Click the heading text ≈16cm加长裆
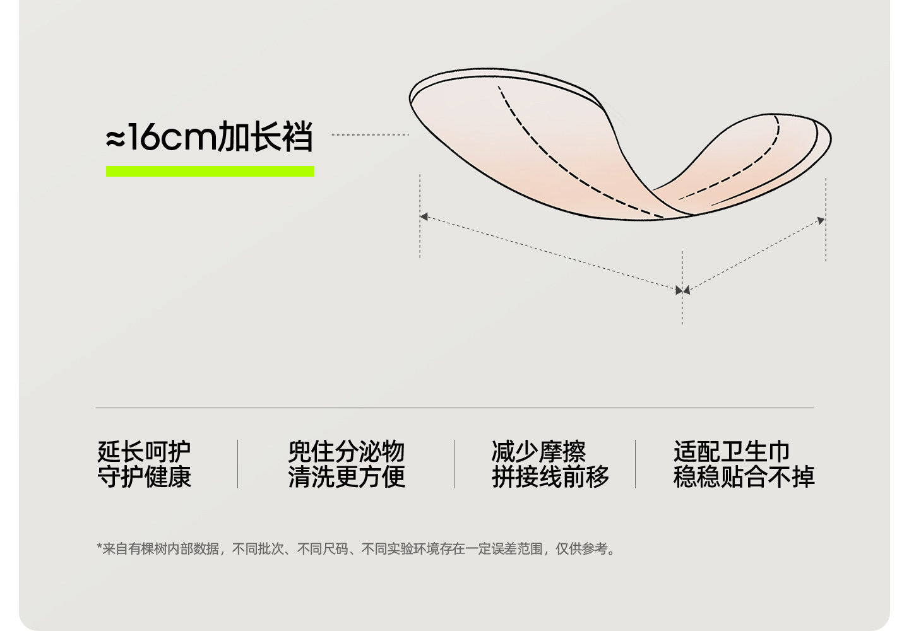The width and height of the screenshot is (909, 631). click(209, 138)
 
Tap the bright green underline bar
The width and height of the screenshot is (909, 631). click(210, 171)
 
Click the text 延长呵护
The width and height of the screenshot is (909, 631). click(144, 451)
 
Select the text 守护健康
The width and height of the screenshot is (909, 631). click(144, 477)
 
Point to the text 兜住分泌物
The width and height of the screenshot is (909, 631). click(346, 451)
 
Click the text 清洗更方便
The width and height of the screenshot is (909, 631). click(346, 477)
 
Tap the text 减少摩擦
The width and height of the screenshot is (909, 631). click(538, 451)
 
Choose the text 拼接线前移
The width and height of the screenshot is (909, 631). click(550, 477)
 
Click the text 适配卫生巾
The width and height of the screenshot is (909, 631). click(731, 451)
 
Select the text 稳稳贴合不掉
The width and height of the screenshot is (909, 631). click(744, 477)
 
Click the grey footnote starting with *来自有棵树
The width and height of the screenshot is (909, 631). click(357, 549)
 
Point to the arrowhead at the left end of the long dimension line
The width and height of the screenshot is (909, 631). click(424, 217)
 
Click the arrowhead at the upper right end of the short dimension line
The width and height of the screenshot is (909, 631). click(821, 220)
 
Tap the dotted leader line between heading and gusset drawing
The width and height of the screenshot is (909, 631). click(370, 135)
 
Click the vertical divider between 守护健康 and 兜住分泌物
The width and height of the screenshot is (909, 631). click(238, 464)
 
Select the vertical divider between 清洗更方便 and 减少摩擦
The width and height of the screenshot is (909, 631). click(454, 464)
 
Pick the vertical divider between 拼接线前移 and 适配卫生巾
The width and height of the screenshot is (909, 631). click(635, 464)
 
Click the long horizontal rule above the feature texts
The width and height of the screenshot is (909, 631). click(454, 408)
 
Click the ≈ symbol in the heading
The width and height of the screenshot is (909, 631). click(116, 139)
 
